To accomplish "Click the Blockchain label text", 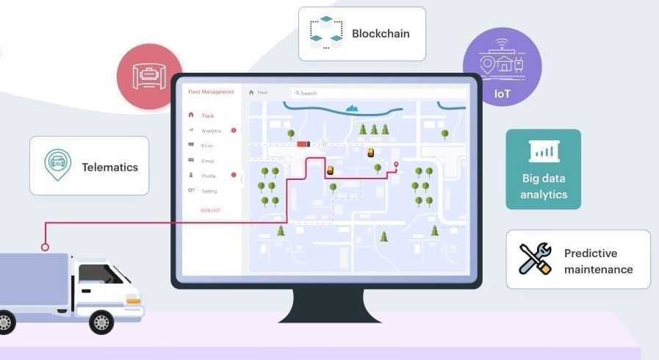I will pos(381,33).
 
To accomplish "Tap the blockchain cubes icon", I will pos(326,33).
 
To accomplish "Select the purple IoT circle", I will pos(503,67).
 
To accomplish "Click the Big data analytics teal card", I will pos(543,169).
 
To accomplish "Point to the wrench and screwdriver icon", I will pos(535,259).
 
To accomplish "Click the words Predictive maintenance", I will pos(598,261).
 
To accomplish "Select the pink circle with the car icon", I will pos(149,76).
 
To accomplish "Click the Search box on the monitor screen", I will pos(378,93).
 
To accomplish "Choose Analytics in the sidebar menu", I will pos(211,131).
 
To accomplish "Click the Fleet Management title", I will pos(211,92).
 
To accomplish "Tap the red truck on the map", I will pos(303,144).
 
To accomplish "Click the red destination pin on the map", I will pos(396,165).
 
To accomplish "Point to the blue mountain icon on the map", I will pos(353,108).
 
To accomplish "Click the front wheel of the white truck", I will pos(101,321).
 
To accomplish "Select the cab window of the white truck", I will pos(100,273).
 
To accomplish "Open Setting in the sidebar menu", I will pos(209,191).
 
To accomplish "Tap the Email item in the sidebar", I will pos(208,160).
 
